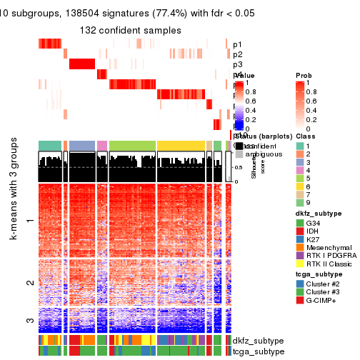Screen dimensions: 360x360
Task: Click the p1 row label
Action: [x=238, y=44]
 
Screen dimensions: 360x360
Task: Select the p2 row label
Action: [x=238, y=54]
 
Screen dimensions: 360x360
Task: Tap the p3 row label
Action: [x=238, y=65]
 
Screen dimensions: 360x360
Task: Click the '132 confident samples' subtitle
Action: [x=130, y=31]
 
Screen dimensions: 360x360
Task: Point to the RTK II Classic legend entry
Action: [x=334, y=274]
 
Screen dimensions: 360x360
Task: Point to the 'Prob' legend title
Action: [x=304, y=75]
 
